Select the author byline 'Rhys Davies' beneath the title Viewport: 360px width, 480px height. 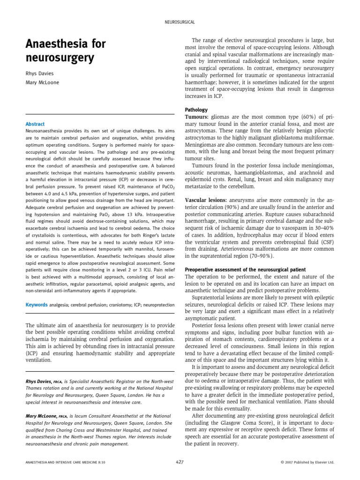[x=39, y=74]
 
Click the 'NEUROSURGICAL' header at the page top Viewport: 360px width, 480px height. [x=180, y=22]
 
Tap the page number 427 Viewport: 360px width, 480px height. [x=180, y=462]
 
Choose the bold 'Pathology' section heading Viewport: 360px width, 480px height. [x=196, y=110]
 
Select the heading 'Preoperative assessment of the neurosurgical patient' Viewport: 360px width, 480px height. [x=246, y=270]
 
